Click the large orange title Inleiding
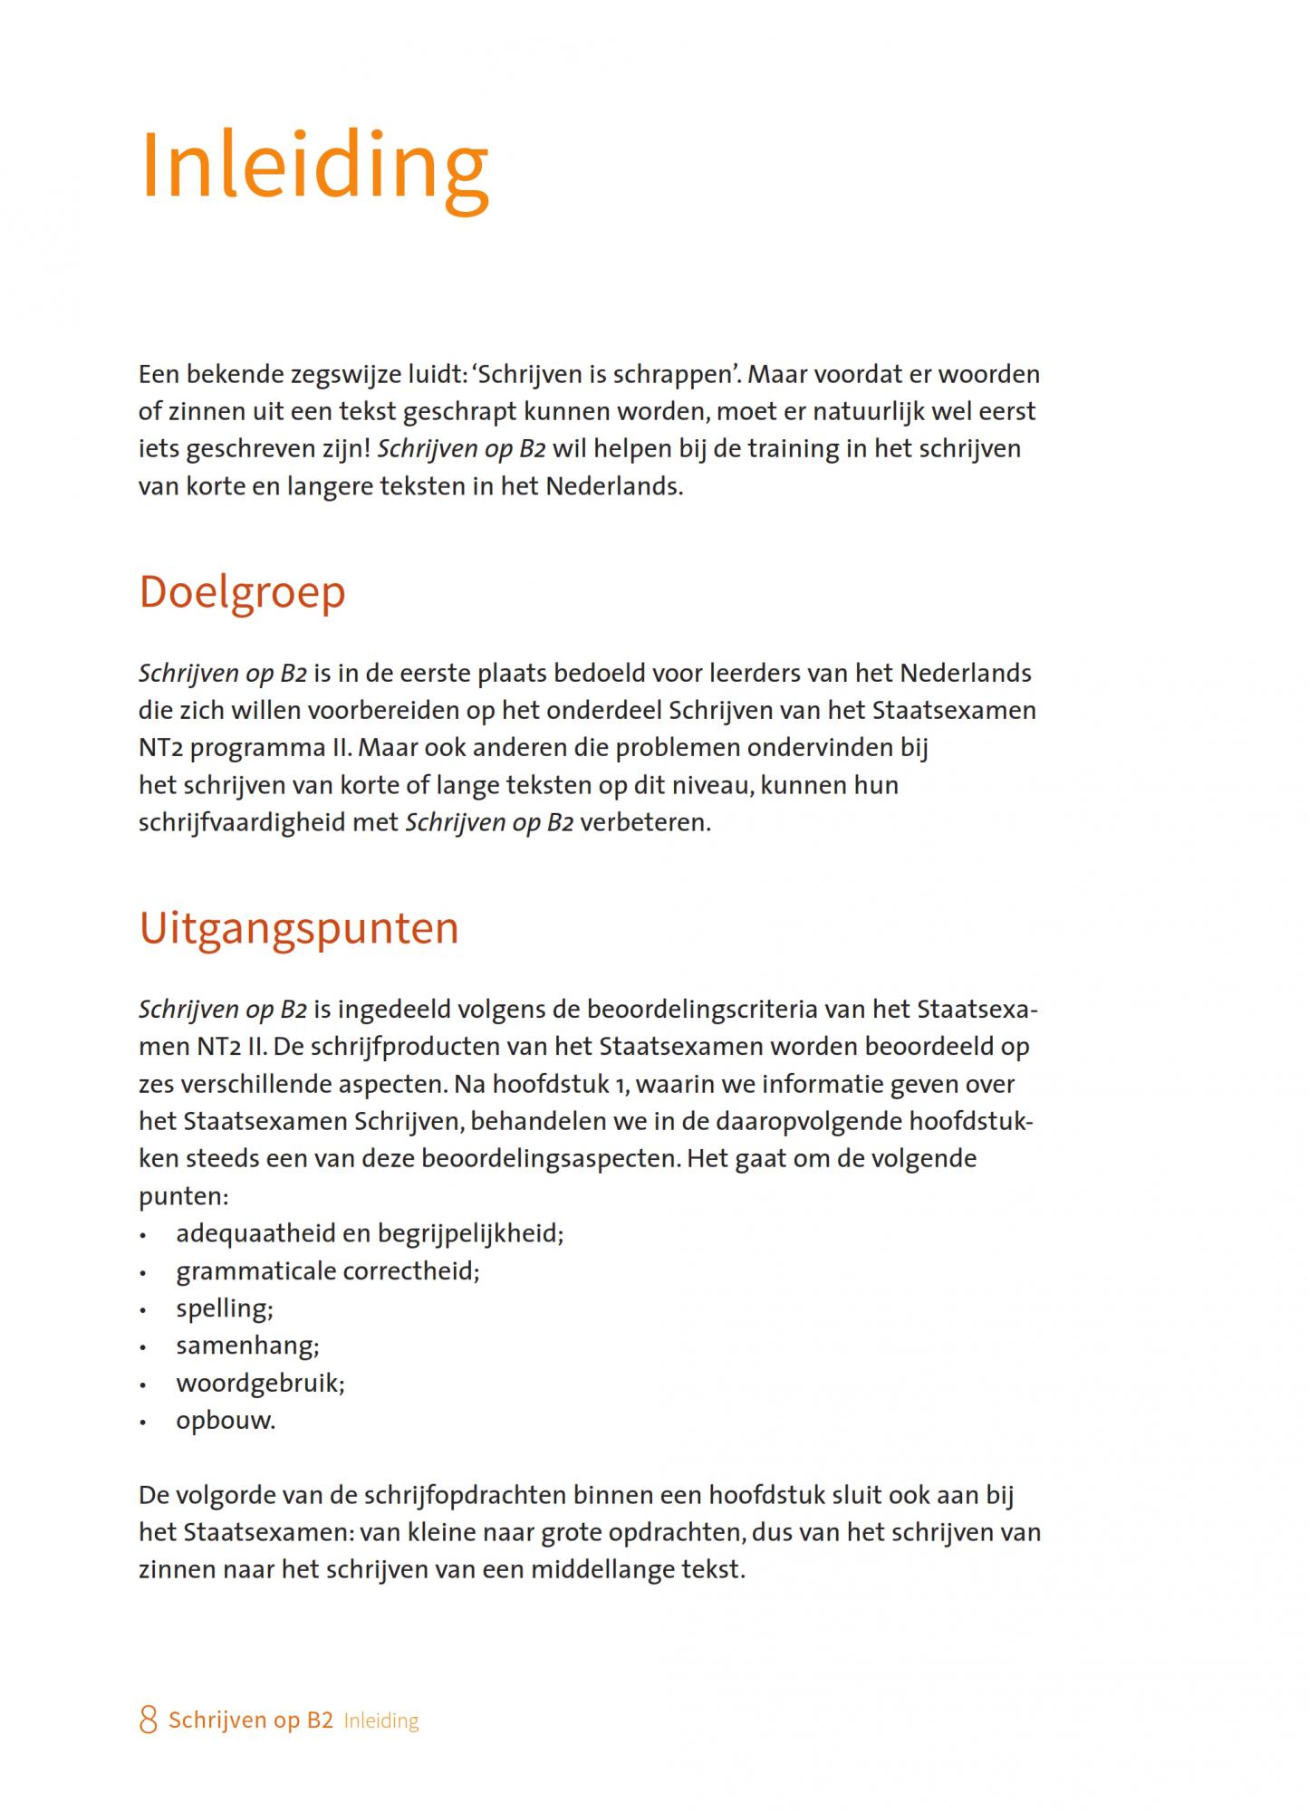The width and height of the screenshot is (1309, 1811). pyautogui.click(x=314, y=168)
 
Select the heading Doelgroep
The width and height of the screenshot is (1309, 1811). pyautogui.click(x=242, y=592)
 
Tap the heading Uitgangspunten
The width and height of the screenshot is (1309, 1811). pyautogui.click(x=299, y=928)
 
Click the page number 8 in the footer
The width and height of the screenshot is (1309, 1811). pyautogui.click(x=148, y=1720)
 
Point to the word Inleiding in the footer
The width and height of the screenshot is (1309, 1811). pyautogui.click(x=381, y=1721)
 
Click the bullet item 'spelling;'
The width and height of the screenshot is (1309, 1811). pyautogui.click(x=225, y=1308)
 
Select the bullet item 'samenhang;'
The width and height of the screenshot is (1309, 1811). pyautogui.click(x=247, y=1346)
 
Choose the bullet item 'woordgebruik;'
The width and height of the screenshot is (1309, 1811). pyautogui.click(x=261, y=1384)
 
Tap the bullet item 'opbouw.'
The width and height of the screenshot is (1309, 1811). pyautogui.click(x=226, y=1421)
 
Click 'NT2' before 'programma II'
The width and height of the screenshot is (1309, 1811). pyautogui.click(x=160, y=749)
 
